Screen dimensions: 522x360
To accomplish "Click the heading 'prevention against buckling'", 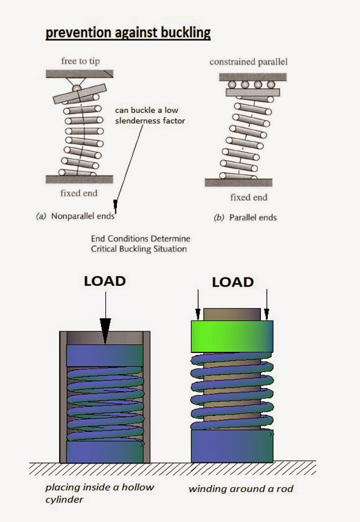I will [128, 33].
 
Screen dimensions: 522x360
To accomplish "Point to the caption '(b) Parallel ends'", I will [246, 217].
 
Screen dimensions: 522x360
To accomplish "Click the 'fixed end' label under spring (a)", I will [79, 192].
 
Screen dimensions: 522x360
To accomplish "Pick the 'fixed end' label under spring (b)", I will [248, 197].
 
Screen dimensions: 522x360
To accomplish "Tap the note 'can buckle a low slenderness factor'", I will [150, 116].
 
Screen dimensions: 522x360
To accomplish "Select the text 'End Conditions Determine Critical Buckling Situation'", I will [140, 243].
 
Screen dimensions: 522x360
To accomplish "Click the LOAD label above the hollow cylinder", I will [105, 281].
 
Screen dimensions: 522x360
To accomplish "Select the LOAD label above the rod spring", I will [232, 281].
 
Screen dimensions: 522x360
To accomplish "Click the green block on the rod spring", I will [232, 336].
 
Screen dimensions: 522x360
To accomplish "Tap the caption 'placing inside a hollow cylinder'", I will [99, 493].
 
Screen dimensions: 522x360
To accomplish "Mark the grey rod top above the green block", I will [232, 314].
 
